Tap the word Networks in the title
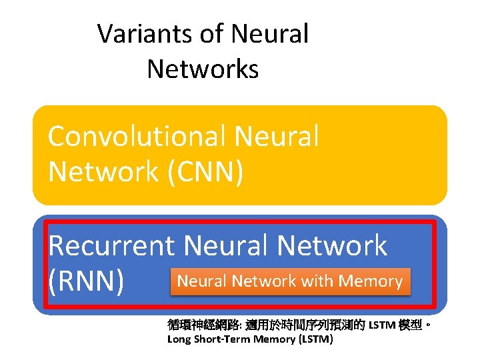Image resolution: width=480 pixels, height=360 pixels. click(203, 68)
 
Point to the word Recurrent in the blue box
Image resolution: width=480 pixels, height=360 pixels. click(111, 246)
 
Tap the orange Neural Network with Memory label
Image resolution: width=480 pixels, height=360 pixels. click(290, 281)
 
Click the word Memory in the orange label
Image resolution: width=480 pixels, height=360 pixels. click(370, 281)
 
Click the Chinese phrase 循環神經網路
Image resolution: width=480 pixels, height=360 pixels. click(196, 325)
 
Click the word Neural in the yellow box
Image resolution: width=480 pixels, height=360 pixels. click(276, 137)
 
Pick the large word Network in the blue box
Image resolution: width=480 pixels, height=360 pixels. click(331, 246)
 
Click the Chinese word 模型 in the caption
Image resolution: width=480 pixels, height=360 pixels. click(411, 325)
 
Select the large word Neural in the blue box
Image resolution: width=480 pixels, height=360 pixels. click(225, 246)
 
